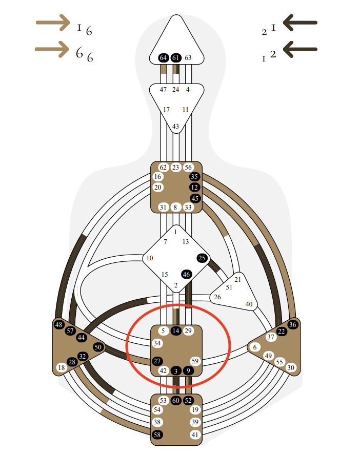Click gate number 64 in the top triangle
coord(164,58)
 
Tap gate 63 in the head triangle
coord(188,58)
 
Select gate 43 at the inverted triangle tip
coord(176,127)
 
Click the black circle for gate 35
coord(194,177)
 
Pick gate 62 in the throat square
coord(164,167)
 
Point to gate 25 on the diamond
coord(202,258)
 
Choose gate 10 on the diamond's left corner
coord(150,258)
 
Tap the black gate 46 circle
coord(187,274)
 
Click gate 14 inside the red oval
coord(176,331)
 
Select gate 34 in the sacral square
coord(157,343)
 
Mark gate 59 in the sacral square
coord(194,361)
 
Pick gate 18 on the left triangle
coord(62,367)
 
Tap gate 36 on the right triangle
coord(293,324)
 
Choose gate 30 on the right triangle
coord(290,367)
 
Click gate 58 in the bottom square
coord(157,435)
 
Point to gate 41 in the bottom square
coord(194,435)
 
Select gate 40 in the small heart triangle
coord(249,304)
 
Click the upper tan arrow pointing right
coord(53,23)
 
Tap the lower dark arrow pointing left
coord(300,49)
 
